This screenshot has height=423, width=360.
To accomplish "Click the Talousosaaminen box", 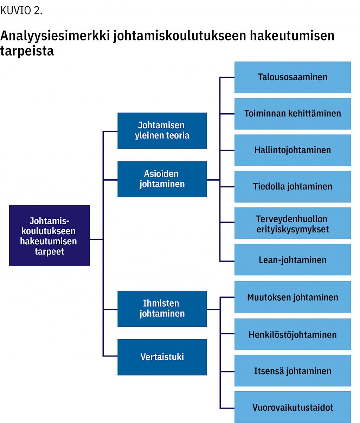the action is pyautogui.click(x=292, y=77).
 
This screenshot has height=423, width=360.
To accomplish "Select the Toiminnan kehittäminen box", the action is pyautogui.click(x=292, y=114).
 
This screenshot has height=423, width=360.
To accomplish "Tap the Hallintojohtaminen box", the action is pyautogui.click(x=292, y=150).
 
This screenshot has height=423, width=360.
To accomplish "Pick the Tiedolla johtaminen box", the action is pyautogui.click(x=292, y=187).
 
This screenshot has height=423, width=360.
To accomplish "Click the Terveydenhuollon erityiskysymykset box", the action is pyautogui.click(x=292, y=223).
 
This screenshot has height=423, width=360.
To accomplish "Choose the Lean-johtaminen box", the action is pyautogui.click(x=292, y=260).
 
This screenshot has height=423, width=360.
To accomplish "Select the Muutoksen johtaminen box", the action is pyautogui.click(x=292, y=297).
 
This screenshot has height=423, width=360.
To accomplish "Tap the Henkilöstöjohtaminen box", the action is pyautogui.click(x=292, y=334).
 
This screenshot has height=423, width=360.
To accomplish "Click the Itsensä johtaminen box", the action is pyautogui.click(x=292, y=371).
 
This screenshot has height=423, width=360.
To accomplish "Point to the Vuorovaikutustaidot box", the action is pyautogui.click(x=292, y=407).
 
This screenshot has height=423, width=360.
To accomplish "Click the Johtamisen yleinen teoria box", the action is pyautogui.click(x=162, y=130).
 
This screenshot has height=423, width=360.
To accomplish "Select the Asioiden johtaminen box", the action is pyautogui.click(x=162, y=179).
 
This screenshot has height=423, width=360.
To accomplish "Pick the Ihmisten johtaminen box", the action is pyautogui.click(x=162, y=309).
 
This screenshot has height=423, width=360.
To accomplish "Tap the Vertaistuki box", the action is pyautogui.click(x=162, y=357).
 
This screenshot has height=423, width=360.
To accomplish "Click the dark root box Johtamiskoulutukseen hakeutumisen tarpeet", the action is pyautogui.click(x=50, y=236).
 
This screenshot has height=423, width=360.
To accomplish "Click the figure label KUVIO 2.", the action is pyautogui.click(x=21, y=11).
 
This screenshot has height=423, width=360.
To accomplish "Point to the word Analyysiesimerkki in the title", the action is pyautogui.click(x=55, y=36).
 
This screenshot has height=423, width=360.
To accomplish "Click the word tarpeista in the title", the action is pyautogui.click(x=27, y=51).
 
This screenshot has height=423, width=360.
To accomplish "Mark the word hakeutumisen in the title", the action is pyautogui.click(x=292, y=35).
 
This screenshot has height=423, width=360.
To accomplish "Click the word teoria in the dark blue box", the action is pyautogui.click(x=178, y=135).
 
